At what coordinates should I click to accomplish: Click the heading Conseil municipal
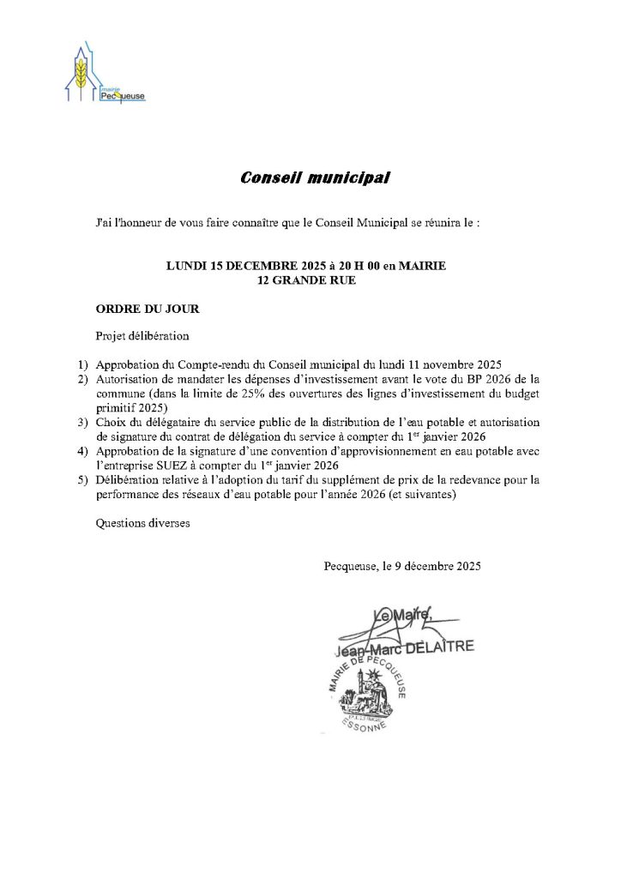coord(315,178)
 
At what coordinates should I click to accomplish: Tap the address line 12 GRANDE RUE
coord(306,280)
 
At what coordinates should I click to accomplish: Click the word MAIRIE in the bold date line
coord(423,267)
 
